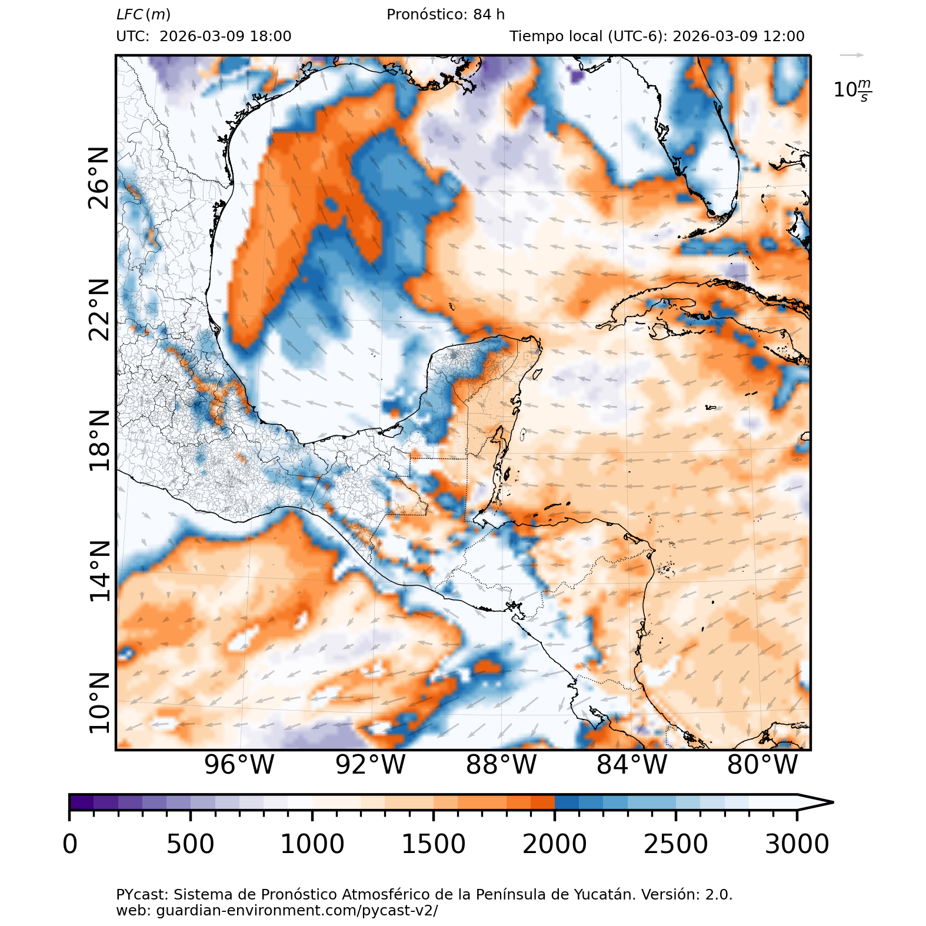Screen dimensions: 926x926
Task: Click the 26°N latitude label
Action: (x=99, y=178)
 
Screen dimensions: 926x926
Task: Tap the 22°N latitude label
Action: (x=99, y=309)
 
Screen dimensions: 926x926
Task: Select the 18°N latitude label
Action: (x=99, y=441)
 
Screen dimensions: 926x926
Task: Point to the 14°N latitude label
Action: (x=99, y=571)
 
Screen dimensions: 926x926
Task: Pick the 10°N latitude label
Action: (x=99, y=702)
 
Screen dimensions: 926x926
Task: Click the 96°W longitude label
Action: (x=239, y=765)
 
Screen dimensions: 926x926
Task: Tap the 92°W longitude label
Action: (x=370, y=765)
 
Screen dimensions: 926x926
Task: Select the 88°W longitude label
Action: (x=501, y=765)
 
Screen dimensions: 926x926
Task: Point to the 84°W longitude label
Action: (x=632, y=765)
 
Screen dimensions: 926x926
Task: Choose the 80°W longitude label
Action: (x=762, y=765)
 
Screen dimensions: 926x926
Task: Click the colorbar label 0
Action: (x=70, y=844)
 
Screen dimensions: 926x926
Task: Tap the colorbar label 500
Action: (x=190, y=844)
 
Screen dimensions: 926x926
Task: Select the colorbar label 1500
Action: (x=433, y=844)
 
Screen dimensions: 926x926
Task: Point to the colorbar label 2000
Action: (x=554, y=844)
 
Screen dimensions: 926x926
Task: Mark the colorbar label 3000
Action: (x=797, y=844)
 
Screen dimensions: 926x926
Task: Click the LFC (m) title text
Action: (x=144, y=15)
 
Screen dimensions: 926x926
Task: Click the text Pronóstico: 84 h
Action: (x=445, y=15)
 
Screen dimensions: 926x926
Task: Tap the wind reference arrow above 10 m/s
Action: (x=852, y=55)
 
